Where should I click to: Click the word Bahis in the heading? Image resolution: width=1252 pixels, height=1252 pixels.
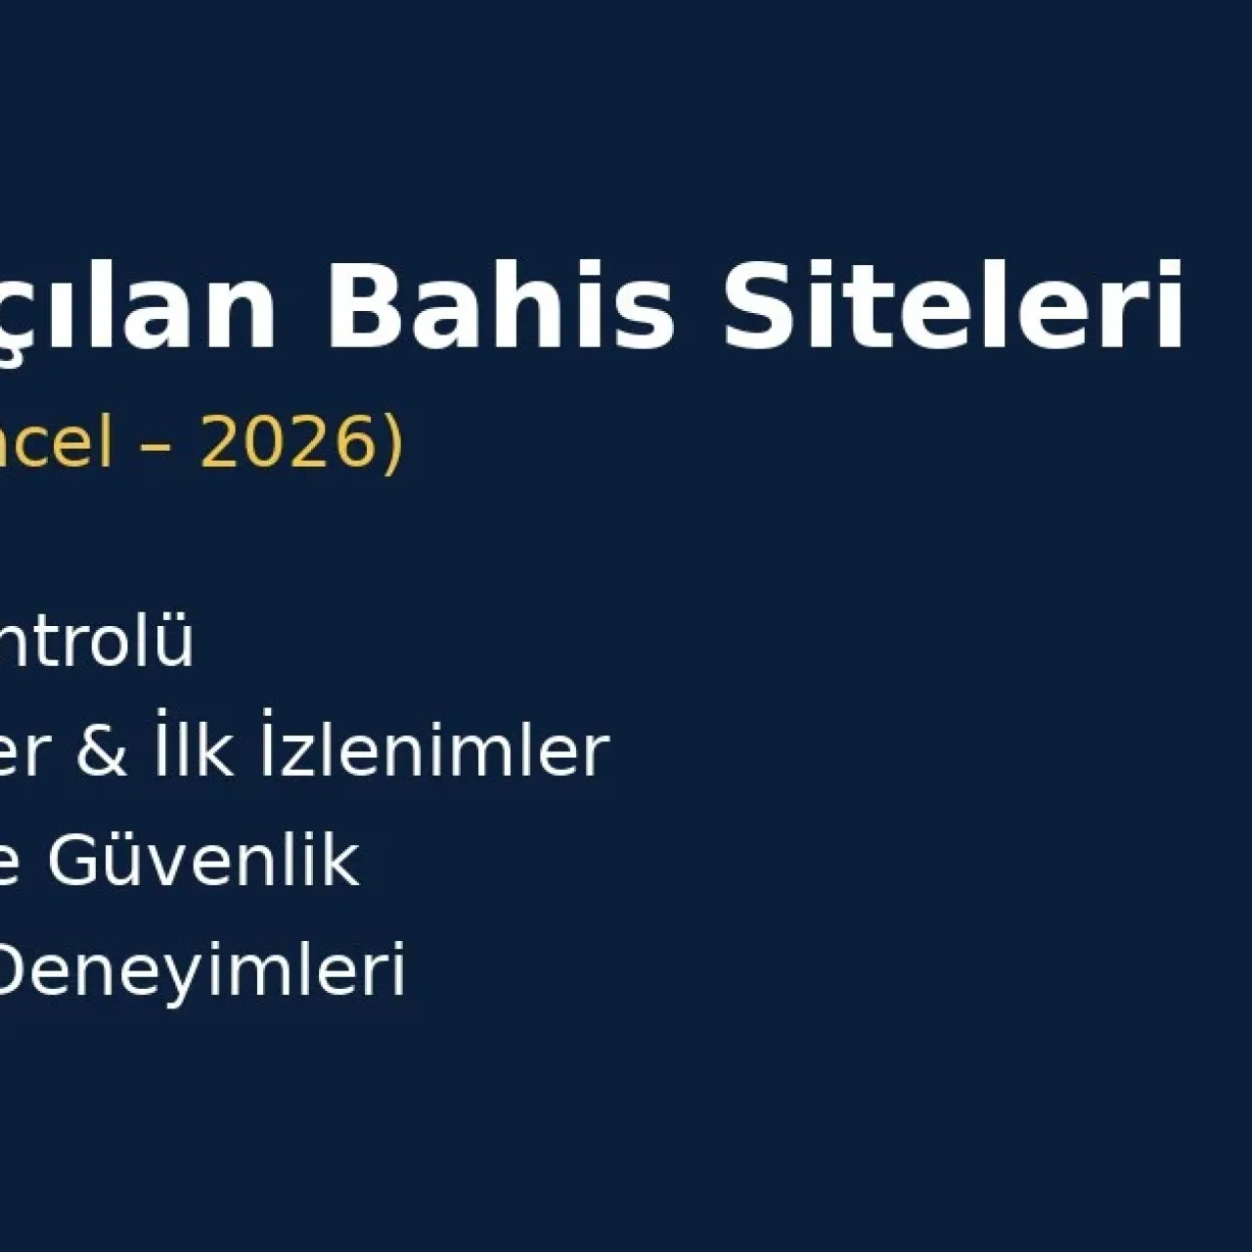[500, 305]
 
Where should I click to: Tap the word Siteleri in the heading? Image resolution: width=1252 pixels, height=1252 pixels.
[954, 305]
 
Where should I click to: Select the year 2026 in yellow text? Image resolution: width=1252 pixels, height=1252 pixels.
[289, 442]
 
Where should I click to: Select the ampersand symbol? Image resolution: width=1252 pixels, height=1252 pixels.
[102, 752]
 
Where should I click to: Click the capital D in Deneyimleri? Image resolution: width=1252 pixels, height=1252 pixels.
[17, 969]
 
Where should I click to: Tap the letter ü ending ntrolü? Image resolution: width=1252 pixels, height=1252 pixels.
[175, 643]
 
